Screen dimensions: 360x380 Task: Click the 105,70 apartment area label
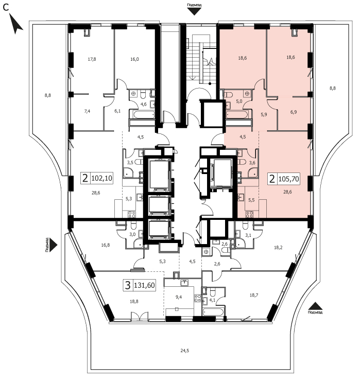pos(288,179)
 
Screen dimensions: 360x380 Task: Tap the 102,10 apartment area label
pos(102,178)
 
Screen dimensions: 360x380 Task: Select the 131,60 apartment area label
pos(144,285)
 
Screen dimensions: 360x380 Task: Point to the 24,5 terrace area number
pos(185,351)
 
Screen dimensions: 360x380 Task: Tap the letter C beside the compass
pos(5,8)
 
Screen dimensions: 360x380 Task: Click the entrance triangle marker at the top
pos(194,12)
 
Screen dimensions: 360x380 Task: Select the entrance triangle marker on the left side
pos(54,245)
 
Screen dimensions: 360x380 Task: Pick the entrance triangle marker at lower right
pos(315,306)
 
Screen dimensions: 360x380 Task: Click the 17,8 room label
pos(92,59)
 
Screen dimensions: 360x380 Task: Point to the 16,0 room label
pos(134,59)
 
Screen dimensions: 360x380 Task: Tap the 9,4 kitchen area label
pos(179,297)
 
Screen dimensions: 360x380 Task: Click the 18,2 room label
pos(278,248)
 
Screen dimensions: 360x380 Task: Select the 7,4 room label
pos(87,111)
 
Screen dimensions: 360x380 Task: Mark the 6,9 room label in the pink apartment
pos(294,112)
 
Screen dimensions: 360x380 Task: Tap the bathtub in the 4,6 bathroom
pos(142,114)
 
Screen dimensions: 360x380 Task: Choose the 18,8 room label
pos(134,302)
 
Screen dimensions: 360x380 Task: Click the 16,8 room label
pos(106,245)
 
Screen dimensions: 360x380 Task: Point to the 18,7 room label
pos(254,295)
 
